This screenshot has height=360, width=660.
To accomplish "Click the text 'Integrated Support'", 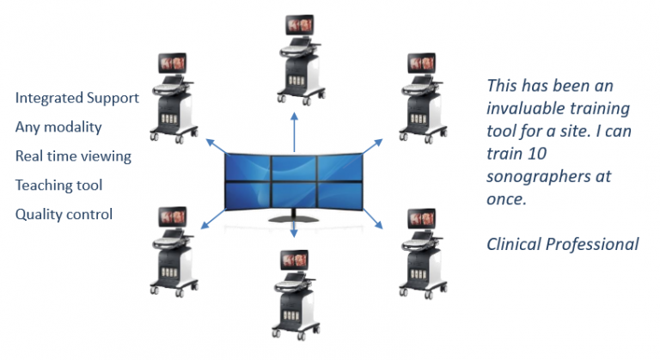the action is [77, 98].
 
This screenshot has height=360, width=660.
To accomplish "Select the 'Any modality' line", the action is [58, 127].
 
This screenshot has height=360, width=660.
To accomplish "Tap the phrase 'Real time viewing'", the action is [73, 156].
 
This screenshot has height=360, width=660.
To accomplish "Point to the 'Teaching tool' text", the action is [59, 186].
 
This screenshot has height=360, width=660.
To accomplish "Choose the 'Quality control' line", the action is [64, 214].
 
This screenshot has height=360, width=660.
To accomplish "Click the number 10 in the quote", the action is [536, 154].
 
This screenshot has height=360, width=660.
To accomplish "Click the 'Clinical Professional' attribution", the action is [563, 244].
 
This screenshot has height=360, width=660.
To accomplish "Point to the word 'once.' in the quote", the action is [507, 199].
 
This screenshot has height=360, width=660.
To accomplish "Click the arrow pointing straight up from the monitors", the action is [294, 132].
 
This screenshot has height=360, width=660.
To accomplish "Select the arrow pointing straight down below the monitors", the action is [294, 227].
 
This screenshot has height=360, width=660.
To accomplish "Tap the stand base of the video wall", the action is [294, 218].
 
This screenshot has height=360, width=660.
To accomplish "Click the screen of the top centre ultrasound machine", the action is [300, 25].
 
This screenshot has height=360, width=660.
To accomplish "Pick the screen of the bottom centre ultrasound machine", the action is [294, 260].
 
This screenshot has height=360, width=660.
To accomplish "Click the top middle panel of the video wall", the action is [294, 168].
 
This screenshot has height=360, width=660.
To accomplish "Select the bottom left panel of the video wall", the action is [248, 195].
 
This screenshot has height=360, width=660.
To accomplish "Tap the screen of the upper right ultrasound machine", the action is [421, 64].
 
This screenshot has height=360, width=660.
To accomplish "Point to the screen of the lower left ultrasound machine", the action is [173, 217].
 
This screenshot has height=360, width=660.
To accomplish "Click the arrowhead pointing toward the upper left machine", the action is [210, 142].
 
